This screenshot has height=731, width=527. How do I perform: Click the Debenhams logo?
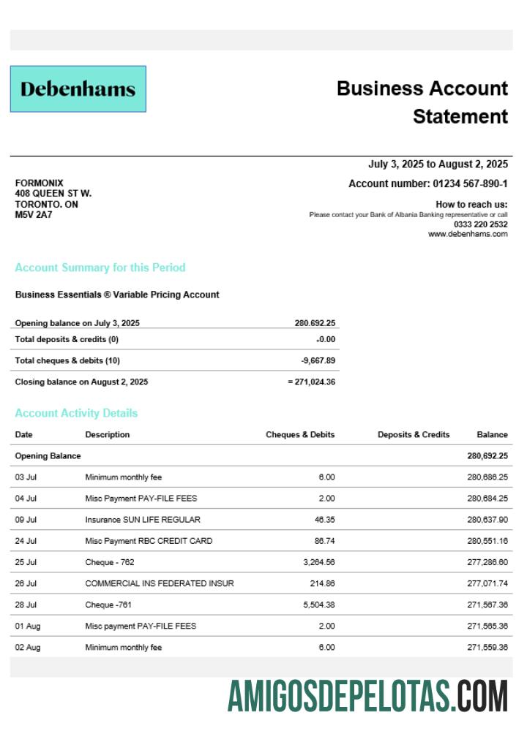(x=78, y=89)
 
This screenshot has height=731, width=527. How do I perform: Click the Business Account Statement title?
(x=422, y=102)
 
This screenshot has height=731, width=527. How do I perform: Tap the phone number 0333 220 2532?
(x=480, y=224)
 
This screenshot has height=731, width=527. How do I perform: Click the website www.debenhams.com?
(x=468, y=234)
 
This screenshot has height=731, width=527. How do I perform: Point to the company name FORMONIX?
(x=39, y=183)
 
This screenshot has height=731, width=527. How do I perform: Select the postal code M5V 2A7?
(x=34, y=215)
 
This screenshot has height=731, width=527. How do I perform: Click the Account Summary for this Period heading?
(x=100, y=268)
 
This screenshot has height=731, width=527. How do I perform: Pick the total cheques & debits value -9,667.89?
(x=318, y=360)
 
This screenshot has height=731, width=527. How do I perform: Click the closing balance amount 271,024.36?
(x=315, y=382)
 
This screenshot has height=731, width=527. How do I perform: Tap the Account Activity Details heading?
(x=76, y=413)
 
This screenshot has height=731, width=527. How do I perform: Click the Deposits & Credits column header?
(x=414, y=434)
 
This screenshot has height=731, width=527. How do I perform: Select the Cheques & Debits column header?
(x=300, y=434)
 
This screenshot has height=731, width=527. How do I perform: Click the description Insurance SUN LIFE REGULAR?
(x=142, y=520)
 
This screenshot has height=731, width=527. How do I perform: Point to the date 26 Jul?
(x=26, y=583)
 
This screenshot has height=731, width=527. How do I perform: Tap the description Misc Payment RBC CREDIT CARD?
(x=149, y=541)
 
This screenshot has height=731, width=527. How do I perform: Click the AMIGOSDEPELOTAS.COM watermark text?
(x=367, y=695)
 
